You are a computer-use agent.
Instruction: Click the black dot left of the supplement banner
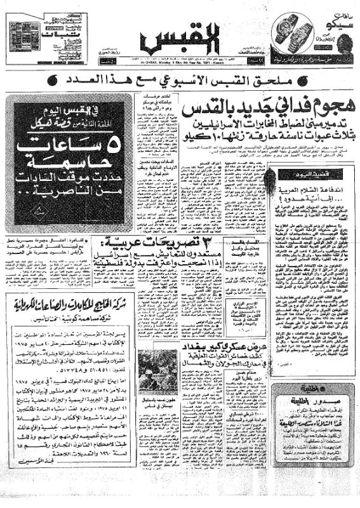pos(69,82)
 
